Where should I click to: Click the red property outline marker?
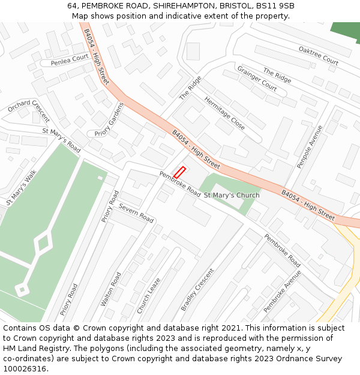click(179, 172)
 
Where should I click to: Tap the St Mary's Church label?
click(232, 196)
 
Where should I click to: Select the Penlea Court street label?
click(70, 59)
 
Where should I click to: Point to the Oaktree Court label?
click(319, 56)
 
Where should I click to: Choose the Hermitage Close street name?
click(224, 113)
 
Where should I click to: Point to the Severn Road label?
click(136, 212)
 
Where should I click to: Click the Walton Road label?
click(111, 289)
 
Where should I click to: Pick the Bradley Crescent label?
click(197, 289)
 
